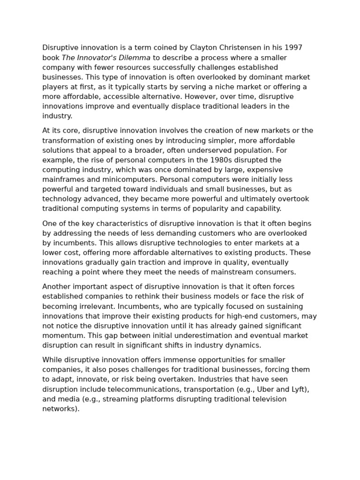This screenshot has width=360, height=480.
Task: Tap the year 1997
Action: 293,48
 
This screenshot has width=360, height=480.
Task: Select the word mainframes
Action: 63,180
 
